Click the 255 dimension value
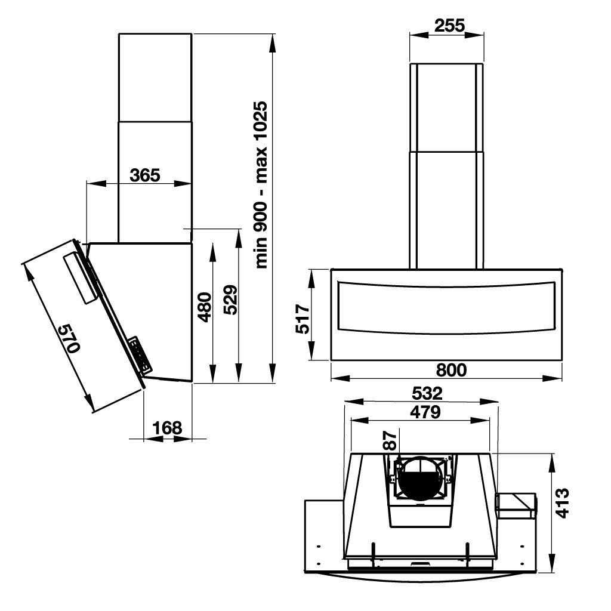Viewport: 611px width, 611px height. click(449, 26)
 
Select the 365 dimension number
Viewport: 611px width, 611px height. click(145, 175)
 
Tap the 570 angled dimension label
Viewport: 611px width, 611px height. click(69, 338)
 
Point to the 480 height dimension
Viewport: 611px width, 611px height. click(205, 307)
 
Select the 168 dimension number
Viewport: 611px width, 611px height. click(167, 428)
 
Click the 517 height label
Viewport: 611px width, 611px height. click(303, 319)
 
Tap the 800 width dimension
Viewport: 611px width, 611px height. click(451, 370)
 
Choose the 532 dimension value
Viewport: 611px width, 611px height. click(427, 393)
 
